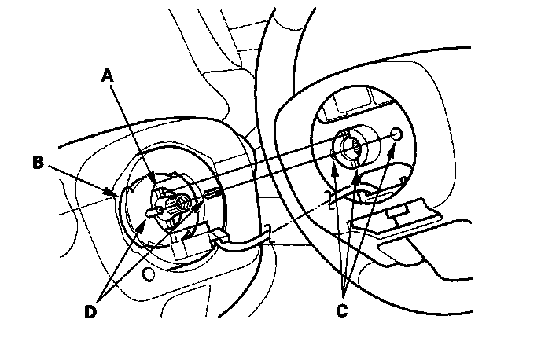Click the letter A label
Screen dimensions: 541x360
point(108,75)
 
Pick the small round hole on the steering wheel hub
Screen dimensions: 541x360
point(396,134)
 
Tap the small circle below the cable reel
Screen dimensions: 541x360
point(147,274)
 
